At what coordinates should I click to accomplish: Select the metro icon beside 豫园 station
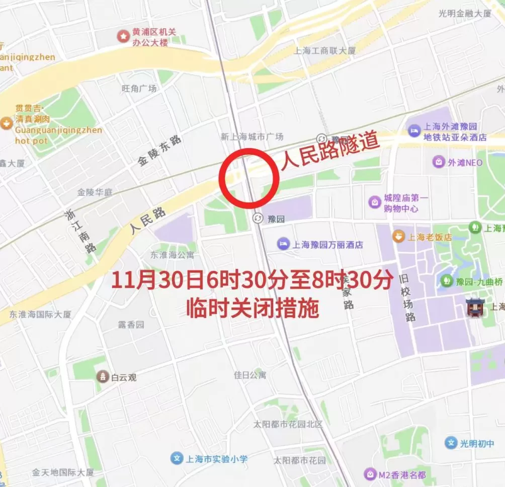pos(257,218)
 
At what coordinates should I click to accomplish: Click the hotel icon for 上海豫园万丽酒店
pos(283,244)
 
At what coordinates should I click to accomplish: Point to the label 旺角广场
pos(139,89)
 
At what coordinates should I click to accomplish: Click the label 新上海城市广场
pos(252,136)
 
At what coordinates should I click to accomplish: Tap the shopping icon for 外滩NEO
pos(439,162)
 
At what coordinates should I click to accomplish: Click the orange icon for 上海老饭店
pos(398,236)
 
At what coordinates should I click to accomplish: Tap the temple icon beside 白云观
pos(103,376)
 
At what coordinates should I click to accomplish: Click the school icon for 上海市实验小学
pos(177,458)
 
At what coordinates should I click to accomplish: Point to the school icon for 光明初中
pos(451,443)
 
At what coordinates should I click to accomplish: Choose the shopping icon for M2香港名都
pos(370,474)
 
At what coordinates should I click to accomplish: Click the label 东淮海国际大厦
pos(40,314)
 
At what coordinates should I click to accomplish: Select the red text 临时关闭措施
pos(252,308)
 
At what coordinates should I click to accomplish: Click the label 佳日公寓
pos(250,375)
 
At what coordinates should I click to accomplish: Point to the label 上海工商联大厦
pos(324,50)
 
